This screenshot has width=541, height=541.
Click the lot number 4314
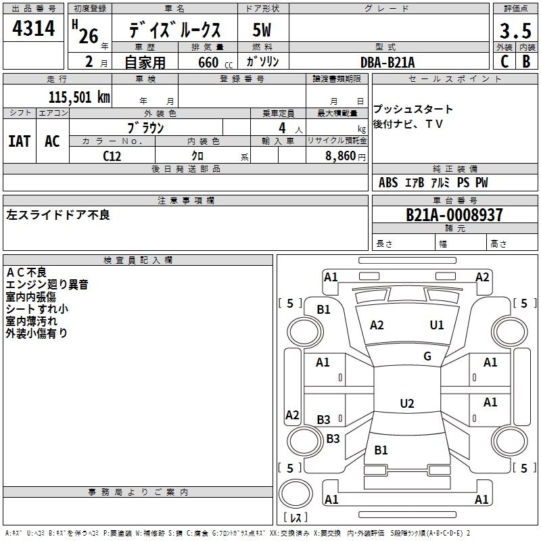tap(33, 28)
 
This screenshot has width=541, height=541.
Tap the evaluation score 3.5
tap(514, 30)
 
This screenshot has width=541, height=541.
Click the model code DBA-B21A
tap(388, 62)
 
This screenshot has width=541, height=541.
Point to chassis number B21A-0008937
tap(454, 215)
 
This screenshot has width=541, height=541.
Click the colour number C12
tap(112, 156)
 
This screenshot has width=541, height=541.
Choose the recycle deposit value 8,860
tap(337, 156)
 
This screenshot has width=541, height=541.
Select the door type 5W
tap(262, 30)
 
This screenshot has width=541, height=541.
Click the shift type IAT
tap(19, 141)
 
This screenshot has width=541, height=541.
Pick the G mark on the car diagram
tap(427, 356)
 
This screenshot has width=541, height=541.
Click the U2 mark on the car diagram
tap(407, 404)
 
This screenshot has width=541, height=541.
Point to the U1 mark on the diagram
tap(437, 325)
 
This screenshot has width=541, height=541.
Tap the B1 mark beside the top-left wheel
tap(324, 310)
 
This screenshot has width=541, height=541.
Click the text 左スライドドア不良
tap(58, 215)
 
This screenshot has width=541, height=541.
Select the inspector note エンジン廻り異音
tap(47, 285)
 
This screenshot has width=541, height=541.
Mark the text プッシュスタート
tap(413, 110)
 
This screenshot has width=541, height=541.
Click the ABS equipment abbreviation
tap(388, 183)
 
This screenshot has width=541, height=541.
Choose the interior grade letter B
tap(526, 62)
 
